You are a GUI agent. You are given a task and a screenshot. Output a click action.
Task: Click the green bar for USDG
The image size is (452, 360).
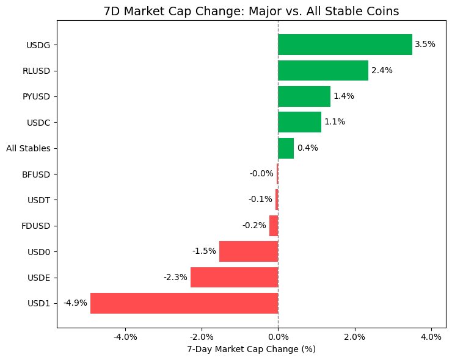(x=345, y=45)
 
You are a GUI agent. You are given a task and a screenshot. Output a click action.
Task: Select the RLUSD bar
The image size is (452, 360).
(x=323, y=70)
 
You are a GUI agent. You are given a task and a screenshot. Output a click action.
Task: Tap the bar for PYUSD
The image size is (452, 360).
(x=304, y=96)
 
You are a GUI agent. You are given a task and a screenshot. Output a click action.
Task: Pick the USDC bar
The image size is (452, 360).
(x=299, y=122)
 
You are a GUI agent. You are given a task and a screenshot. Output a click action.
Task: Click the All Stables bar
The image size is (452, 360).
(x=286, y=148)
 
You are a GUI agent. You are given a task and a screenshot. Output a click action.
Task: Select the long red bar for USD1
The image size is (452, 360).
(x=184, y=303)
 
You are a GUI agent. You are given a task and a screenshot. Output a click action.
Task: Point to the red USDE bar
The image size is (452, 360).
(x=234, y=277)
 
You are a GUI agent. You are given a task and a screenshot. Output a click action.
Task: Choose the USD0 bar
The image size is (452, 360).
(x=249, y=251)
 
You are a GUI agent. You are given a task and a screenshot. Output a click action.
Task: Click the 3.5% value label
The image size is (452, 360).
(x=425, y=45)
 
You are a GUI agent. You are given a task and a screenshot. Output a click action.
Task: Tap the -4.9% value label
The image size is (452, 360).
(x=75, y=303)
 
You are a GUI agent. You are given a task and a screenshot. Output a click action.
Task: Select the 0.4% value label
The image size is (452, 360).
(x=307, y=148)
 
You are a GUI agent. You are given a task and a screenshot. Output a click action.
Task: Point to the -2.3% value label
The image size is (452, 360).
(x=175, y=277)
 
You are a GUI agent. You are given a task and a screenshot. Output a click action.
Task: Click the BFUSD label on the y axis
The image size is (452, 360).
(x=36, y=174)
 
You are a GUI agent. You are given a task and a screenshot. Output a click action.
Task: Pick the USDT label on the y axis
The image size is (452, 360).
(x=39, y=200)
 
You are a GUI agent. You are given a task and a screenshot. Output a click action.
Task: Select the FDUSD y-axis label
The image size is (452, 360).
(x=36, y=226)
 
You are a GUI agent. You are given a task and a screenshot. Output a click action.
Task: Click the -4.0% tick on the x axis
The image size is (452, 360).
(x=125, y=337)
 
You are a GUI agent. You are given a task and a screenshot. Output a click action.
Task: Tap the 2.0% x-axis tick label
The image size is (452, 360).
(x=354, y=337)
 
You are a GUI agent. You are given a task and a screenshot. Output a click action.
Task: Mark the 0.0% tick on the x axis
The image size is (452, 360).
(x=278, y=337)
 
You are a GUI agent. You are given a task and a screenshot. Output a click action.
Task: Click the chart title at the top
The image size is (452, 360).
(x=251, y=10)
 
